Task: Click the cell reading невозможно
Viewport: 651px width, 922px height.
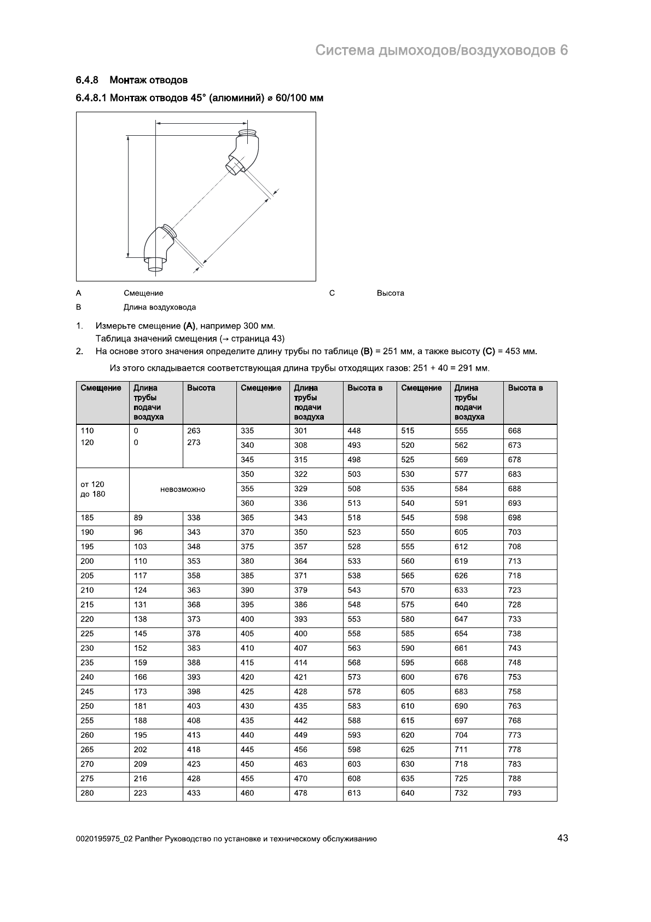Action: click(183, 489)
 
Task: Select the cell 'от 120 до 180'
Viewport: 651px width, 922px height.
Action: click(92, 489)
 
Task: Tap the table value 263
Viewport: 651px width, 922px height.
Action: click(194, 431)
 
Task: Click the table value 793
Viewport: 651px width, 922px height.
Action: click(514, 793)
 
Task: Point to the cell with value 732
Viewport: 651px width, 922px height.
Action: click(461, 793)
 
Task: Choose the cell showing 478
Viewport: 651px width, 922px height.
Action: click(300, 793)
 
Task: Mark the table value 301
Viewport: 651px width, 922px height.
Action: click(300, 431)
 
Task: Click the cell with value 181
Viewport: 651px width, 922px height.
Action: click(140, 706)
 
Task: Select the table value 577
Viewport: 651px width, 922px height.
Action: click(461, 475)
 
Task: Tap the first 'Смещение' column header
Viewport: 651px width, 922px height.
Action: click(101, 388)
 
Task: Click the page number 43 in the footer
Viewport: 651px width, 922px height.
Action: click(562, 838)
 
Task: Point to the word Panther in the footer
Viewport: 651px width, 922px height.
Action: click(148, 839)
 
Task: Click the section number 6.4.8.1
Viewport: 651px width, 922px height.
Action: click(91, 98)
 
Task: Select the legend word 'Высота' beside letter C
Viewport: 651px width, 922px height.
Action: click(390, 293)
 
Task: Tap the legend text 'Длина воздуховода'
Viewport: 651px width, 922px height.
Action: click(159, 307)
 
